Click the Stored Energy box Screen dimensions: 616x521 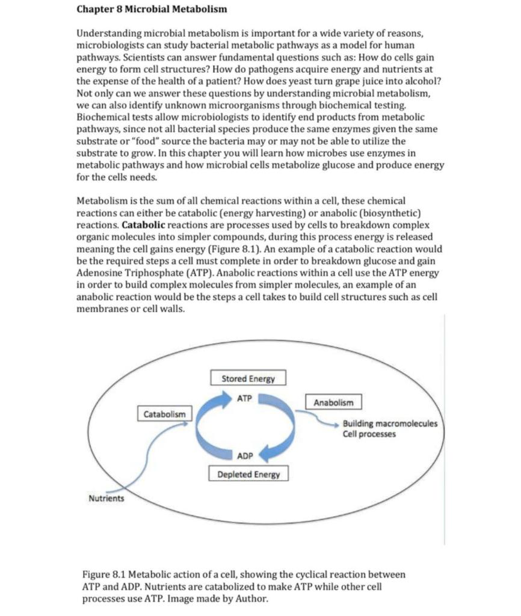(248, 379)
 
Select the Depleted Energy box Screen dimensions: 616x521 (248, 475)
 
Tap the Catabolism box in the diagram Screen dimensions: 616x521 (164, 414)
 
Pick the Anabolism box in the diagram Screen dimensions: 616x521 (334, 402)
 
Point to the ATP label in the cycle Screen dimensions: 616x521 (244, 399)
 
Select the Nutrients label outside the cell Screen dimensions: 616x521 (106, 499)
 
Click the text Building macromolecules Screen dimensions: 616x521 (390, 423)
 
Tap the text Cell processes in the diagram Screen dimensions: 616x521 (369, 434)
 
